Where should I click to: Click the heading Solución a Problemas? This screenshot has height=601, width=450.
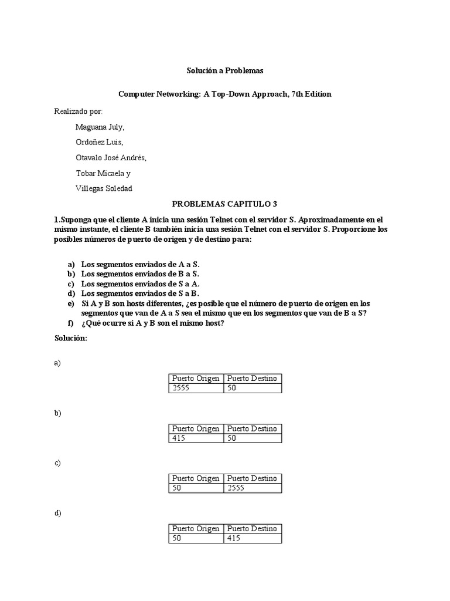tap(225, 71)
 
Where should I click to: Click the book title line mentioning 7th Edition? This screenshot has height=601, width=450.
tap(225, 94)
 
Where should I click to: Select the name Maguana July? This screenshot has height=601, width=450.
tap(100, 127)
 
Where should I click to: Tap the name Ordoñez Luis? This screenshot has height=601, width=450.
tap(99, 142)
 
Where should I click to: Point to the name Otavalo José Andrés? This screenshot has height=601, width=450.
tap(111, 158)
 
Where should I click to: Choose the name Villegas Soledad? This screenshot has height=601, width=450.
tap(104, 188)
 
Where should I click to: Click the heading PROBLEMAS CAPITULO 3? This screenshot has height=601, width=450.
tap(224, 204)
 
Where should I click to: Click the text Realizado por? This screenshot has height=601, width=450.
tap(78, 111)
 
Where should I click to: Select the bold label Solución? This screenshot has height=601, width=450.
tap(71, 338)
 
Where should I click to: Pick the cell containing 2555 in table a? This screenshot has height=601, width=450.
tap(196, 389)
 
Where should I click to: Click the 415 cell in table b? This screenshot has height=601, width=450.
tap(196, 438)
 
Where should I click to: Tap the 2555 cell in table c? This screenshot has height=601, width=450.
tap(253, 488)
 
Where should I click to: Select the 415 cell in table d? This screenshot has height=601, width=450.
tap(253, 538)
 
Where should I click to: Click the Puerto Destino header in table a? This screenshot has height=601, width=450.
tap(253, 379)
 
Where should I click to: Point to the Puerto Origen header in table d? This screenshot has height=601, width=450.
tap(196, 528)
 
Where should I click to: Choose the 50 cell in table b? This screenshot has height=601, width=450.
tap(253, 438)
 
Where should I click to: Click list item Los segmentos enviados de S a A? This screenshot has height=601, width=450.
tap(141, 283)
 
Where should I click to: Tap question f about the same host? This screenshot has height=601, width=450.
tap(153, 323)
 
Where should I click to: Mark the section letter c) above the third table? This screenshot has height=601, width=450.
tap(57, 463)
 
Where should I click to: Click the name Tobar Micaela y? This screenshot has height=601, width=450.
tap(103, 173)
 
